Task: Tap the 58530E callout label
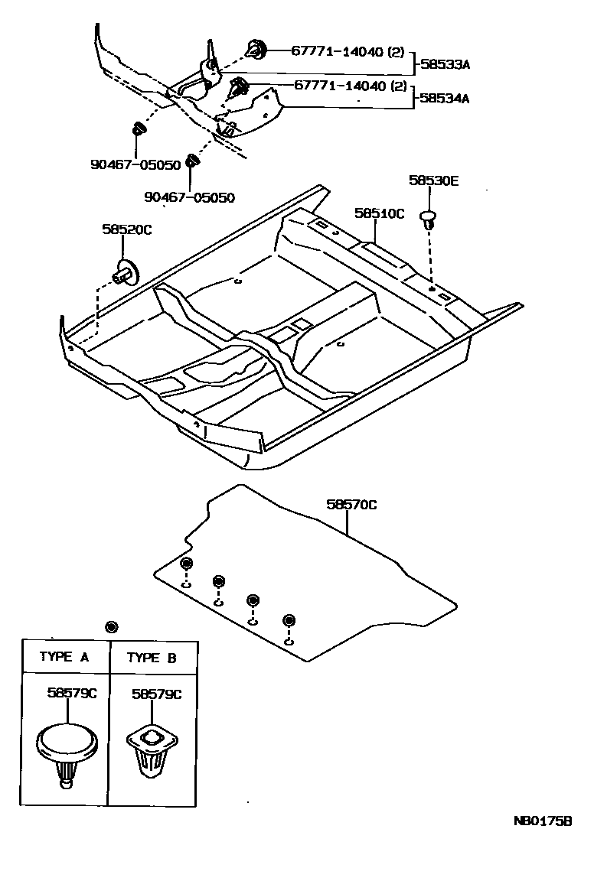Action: click(433, 181)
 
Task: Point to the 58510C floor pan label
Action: click(378, 213)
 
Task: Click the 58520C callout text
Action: click(126, 229)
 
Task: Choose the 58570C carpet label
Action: click(351, 504)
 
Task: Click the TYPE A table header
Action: click(64, 657)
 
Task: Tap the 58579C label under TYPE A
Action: click(72, 694)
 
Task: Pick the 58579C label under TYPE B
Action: click(156, 694)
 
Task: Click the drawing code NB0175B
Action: click(543, 821)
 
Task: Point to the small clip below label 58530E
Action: click(429, 221)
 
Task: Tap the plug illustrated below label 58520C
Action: click(124, 271)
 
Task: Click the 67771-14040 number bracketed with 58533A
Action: click(348, 52)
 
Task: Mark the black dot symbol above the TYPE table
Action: click(112, 627)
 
